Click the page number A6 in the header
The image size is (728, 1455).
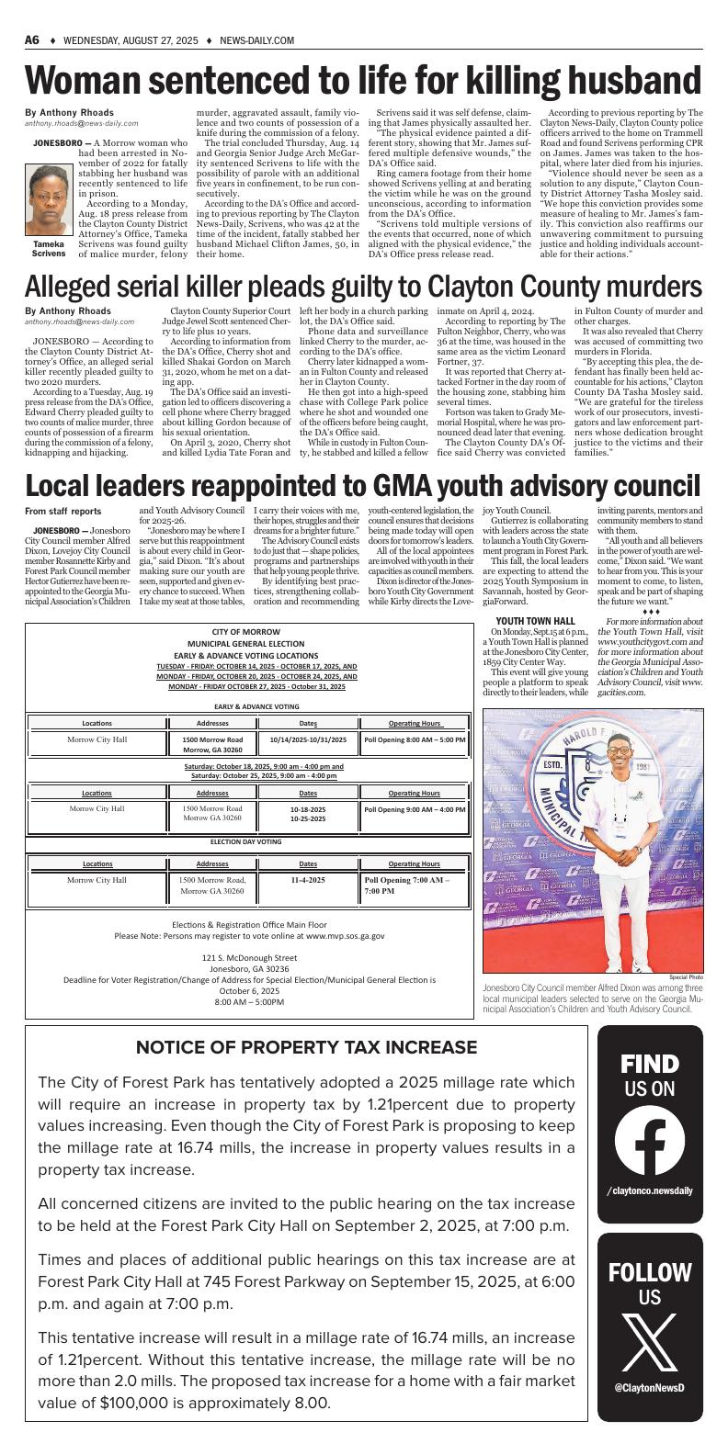point(32,40)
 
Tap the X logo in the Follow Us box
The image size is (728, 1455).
point(650,1344)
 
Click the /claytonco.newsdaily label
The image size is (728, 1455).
point(650,1190)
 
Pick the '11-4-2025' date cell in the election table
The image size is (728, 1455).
point(308,880)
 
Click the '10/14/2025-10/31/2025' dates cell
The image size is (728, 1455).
point(308,739)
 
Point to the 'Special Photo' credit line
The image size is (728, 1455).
point(686,976)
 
